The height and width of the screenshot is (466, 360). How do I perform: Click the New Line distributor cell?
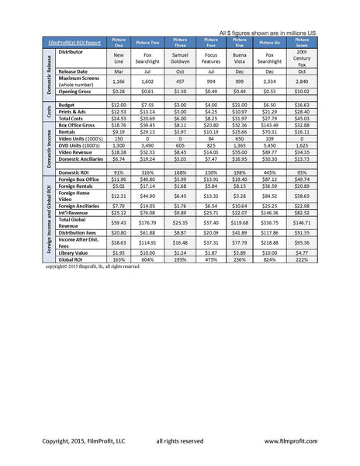pos(119,58)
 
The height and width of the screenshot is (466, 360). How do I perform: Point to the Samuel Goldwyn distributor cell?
pos(180,58)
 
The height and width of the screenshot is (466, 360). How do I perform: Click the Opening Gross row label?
pos(78,91)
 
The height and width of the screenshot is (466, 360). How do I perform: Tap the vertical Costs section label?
pos(48,111)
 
